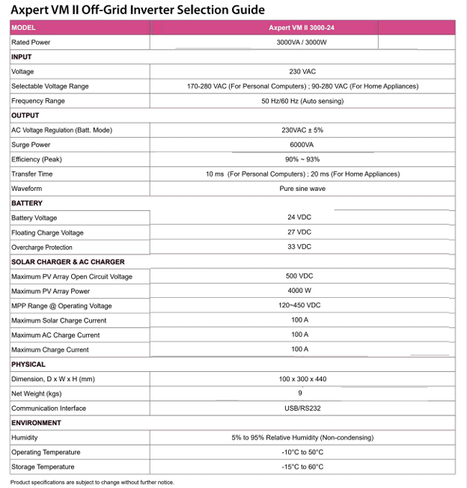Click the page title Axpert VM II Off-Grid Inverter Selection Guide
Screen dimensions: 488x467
coord(138,10)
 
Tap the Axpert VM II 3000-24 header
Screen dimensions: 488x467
coord(302,28)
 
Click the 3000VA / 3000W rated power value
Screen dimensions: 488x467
coord(302,43)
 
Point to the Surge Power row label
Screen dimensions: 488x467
coord(31,144)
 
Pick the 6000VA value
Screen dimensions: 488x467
coord(302,144)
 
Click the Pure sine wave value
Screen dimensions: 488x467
coord(302,189)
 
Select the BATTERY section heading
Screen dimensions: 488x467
coord(27,203)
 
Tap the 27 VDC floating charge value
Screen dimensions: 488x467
coord(299,232)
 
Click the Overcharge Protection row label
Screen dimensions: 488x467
coord(42,247)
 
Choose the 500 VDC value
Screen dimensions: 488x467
coord(300,276)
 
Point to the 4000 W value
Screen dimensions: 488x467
coord(299,291)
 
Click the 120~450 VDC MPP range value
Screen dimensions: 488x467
coord(299,305)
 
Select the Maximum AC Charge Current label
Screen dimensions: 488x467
coord(55,335)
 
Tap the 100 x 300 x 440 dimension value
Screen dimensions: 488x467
coord(302,379)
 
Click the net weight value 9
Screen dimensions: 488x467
coord(300,393)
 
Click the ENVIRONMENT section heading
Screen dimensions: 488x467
coord(36,423)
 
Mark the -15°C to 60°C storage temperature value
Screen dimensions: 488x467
coord(302,467)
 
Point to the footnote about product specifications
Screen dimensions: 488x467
coord(92,483)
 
